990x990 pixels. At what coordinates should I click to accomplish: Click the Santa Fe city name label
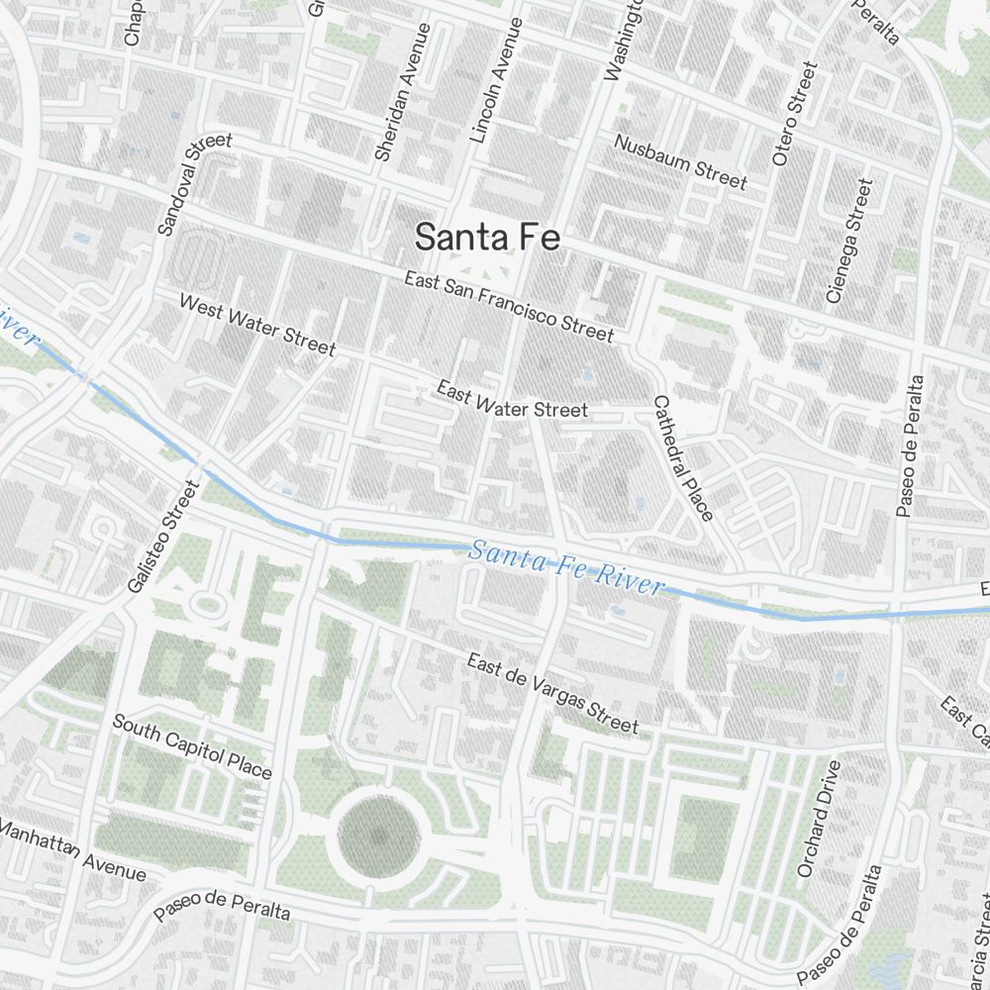pyautogui.click(x=487, y=238)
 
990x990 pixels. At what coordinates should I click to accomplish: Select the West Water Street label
pyautogui.click(x=257, y=324)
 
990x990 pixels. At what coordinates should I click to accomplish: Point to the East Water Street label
pyautogui.click(x=513, y=401)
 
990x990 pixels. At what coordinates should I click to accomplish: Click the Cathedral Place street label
pyautogui.click(x=683, y=457)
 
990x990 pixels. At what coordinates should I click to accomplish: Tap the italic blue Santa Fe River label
pyautogui.click(x=566, y=567)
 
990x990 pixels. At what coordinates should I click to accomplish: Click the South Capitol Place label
pyautogui.click(x=192, y=745)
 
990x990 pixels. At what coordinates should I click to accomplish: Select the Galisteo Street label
pyautogui.click(x=164, y=537)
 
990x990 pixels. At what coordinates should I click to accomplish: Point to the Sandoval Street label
pyautogui.click(x=194, y=184)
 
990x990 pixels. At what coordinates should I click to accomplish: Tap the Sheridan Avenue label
pyautogui.click(x=401, y=92)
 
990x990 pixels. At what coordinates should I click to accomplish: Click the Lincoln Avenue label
pyautogui.click(x=496, y=81)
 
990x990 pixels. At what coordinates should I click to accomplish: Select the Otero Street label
pyautogui.click(x=795, y=114)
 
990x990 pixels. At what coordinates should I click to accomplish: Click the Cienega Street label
pyautogui.click(x=850, y=241)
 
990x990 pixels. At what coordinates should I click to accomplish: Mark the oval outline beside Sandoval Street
pyautogui.click(x=201, y=259)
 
